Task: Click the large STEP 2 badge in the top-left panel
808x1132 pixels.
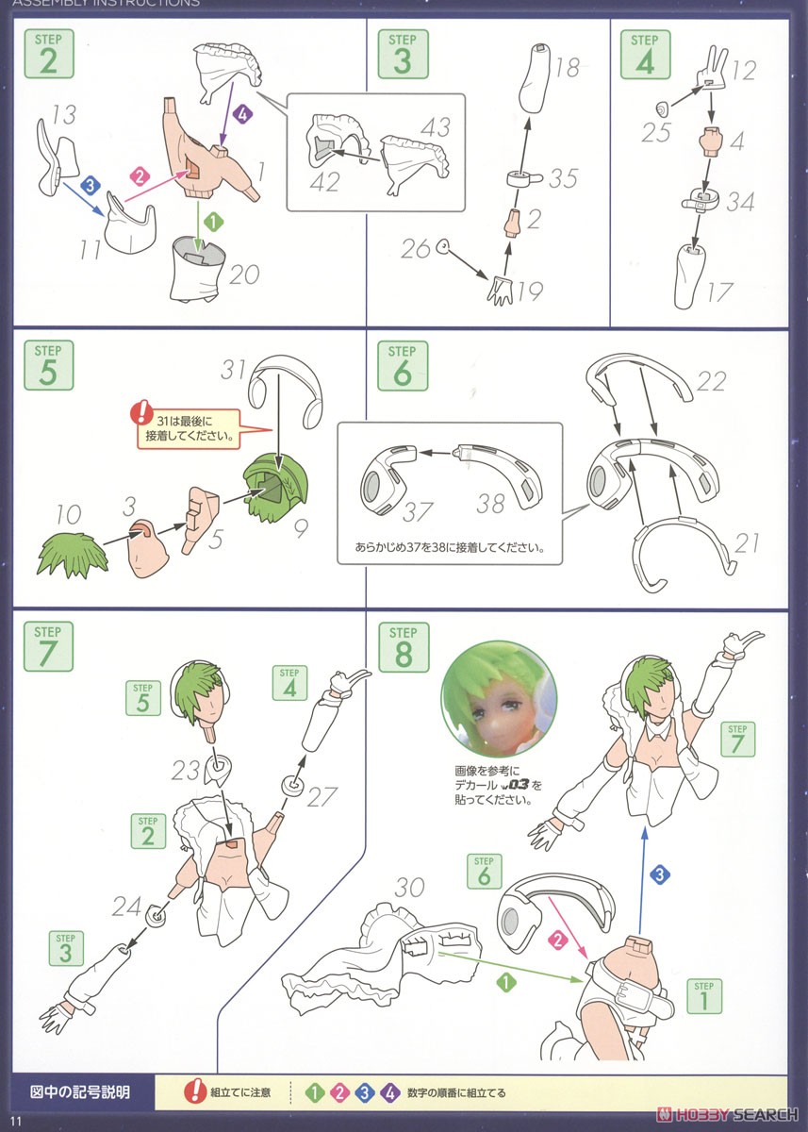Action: pyautogui.click(x=49, y=54)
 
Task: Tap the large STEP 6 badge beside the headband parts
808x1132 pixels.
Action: pyautogui.click(x=403, y=365)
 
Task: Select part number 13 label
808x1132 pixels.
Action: pyautogui.click(x=64, y=115)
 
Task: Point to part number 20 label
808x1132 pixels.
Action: pyautogui.click(x=244, y=275)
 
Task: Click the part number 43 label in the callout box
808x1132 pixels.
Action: pyautogui.click(x=436, y=126)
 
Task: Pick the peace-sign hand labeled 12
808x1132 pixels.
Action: pyautogui.click(x=712, y=67)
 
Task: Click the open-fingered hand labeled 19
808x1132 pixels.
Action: pyautogui.click(x=500, y=291)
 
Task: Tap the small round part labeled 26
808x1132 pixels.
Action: pyautogui.click(x=443, y=246)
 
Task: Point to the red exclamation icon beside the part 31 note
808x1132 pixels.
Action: pyautogui.click(x=141, y=413)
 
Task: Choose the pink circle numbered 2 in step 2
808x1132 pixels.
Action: pyautogui.click(x=140, y=176)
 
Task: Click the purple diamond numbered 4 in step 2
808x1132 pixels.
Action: pyautogui.click(x=242, y=114)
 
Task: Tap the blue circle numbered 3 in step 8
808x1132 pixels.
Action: pyautogui.click(x=660, y=874)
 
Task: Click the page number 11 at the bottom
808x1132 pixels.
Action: pyautogui.click(x=16, y=1121)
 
